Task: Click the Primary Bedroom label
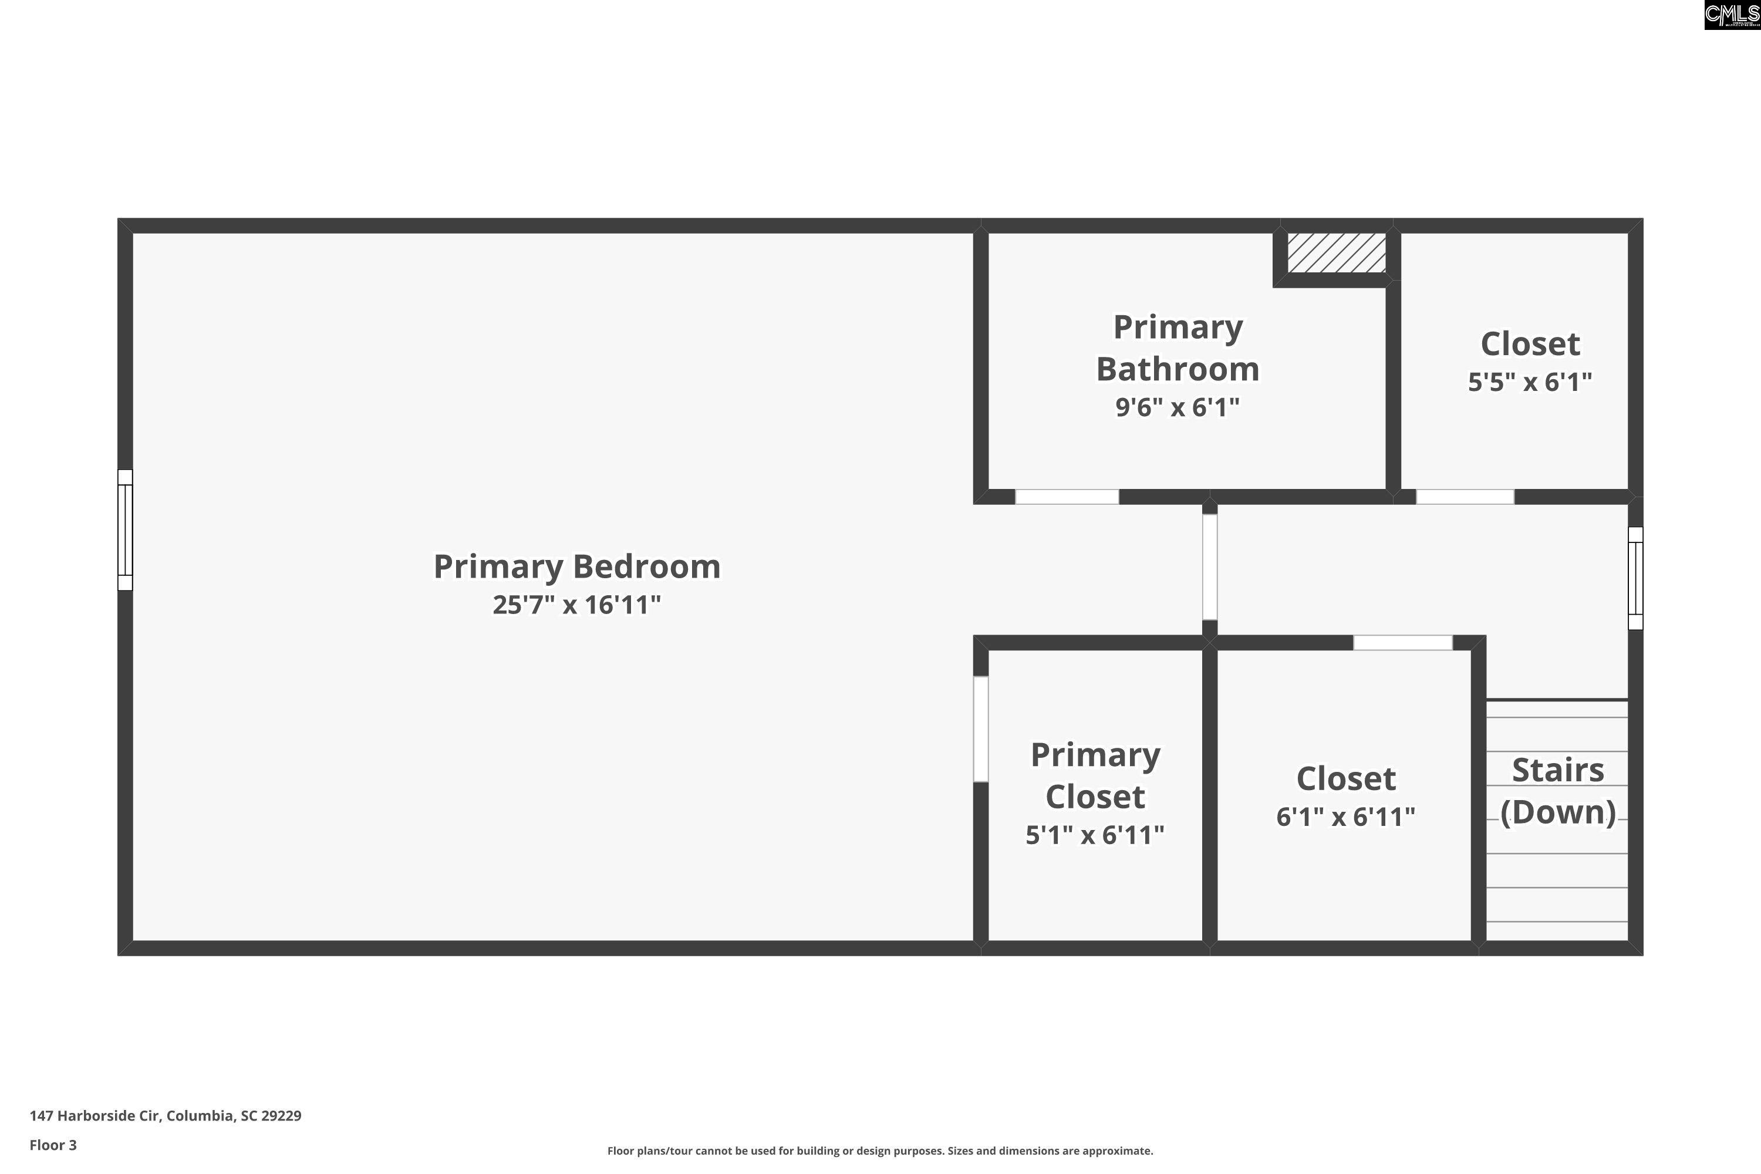coord(576,567)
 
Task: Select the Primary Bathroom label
coord(1178,348)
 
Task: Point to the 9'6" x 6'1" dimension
coord(1178,407)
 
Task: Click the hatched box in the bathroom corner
coord(1337,253)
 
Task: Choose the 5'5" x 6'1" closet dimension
coord(1530,382)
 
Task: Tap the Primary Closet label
coord(1095,775)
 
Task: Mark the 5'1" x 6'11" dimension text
coord(1095,835)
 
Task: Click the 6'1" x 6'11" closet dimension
coord(1345,816)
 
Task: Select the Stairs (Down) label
coord(1558,791)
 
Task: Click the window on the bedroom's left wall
coord(125,530)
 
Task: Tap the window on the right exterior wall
coord(1635,578)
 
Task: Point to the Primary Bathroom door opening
coord(1067,497)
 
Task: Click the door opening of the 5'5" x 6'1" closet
coord(1465,497)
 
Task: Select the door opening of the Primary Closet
coord(981,729)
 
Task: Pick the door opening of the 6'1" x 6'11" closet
coord(1403,642)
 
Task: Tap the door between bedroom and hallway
coord(1210,567)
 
